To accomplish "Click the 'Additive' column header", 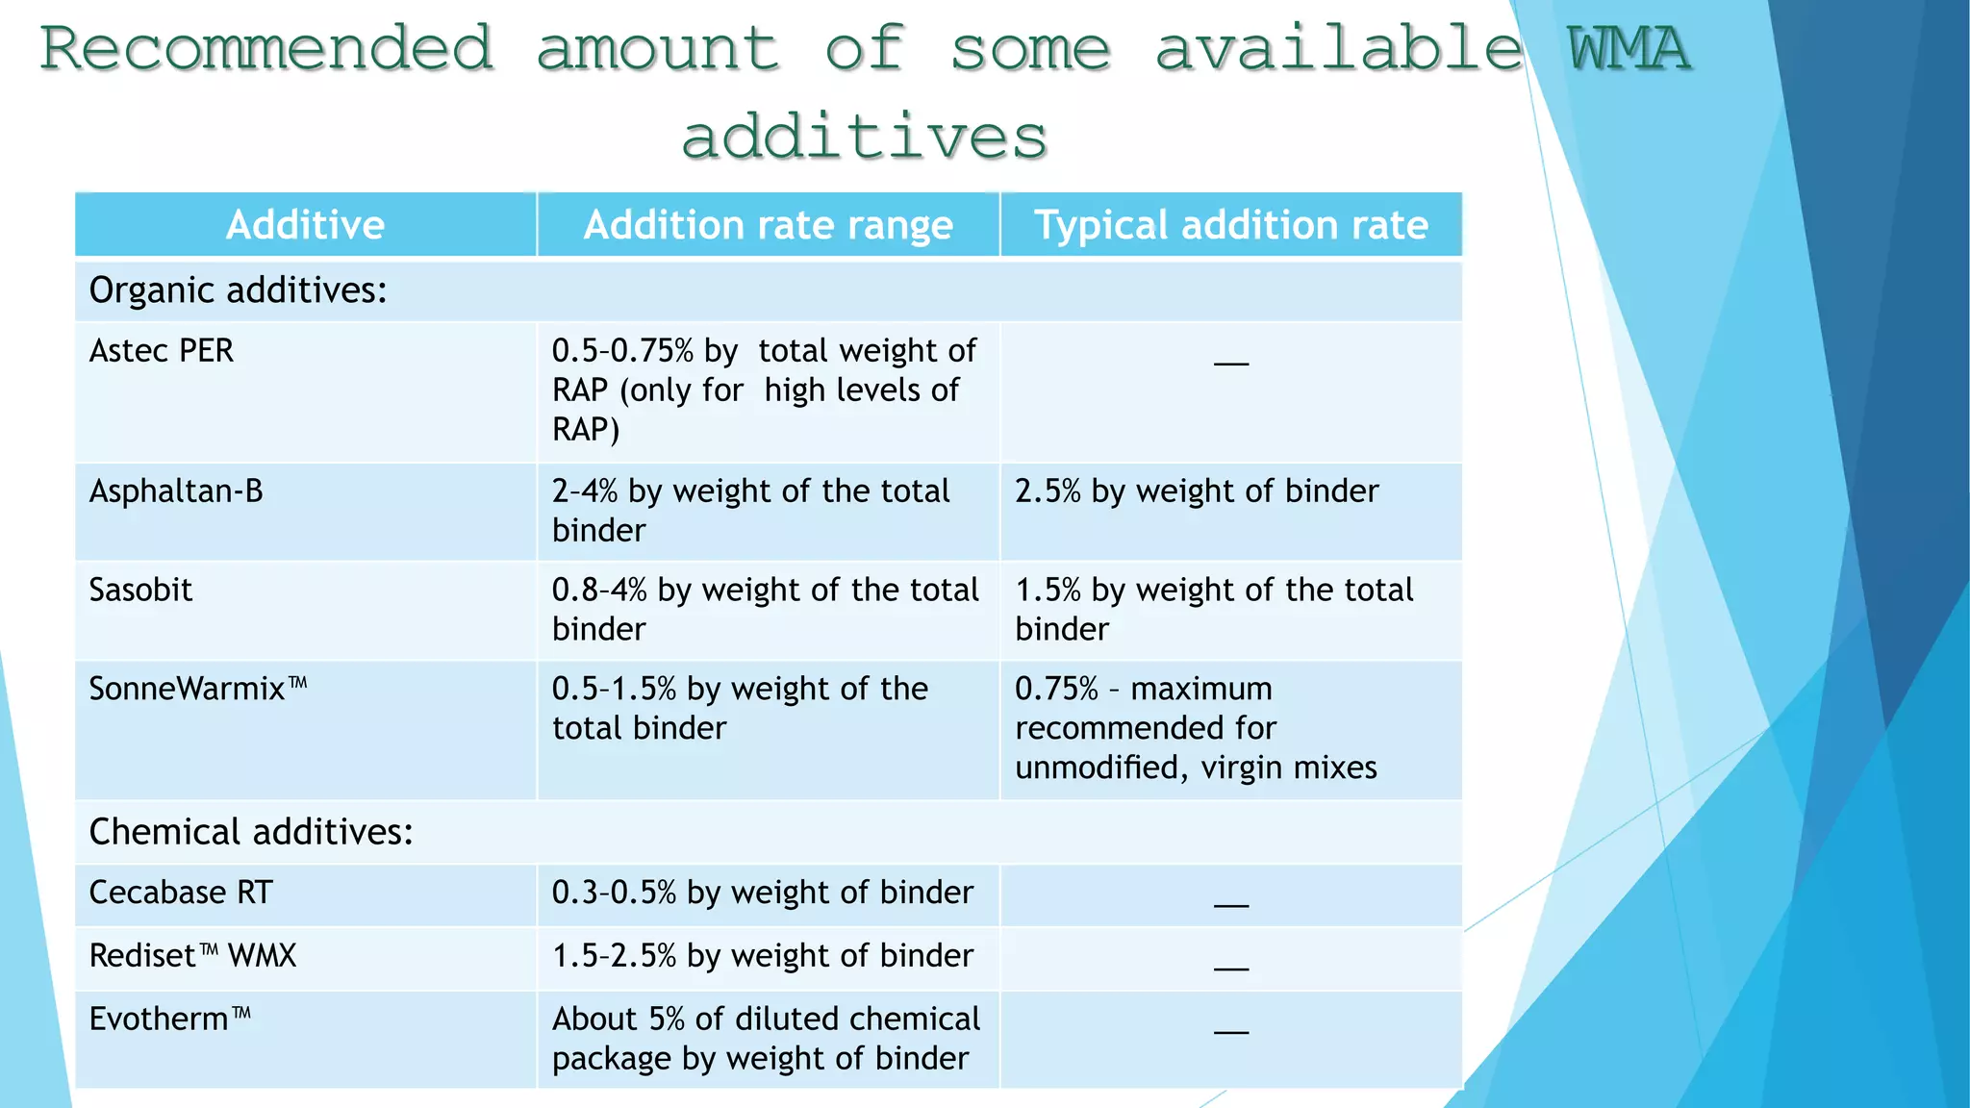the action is coord(305,225).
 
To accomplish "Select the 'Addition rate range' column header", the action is coord(768,225).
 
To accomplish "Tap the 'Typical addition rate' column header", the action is coord(1230,225).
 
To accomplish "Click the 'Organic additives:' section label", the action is coord(238,290).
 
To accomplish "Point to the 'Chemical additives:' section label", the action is coord(251,832).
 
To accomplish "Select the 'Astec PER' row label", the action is coord(161,351).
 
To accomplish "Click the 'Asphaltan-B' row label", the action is coord(176,491).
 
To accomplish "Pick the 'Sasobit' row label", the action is coord(140,590).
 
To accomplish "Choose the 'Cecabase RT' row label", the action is coord(181,893).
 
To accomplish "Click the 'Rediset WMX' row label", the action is coord(192,956).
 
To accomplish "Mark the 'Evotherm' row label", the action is coord(170,1020).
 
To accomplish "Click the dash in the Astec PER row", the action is coord(1231,364).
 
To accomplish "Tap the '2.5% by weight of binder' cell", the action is coord(1197,491).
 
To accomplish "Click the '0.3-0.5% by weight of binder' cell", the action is coord(763,893).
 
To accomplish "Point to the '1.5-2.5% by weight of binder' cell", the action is coord(763,956).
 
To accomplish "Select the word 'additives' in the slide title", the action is coord(864,136).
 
